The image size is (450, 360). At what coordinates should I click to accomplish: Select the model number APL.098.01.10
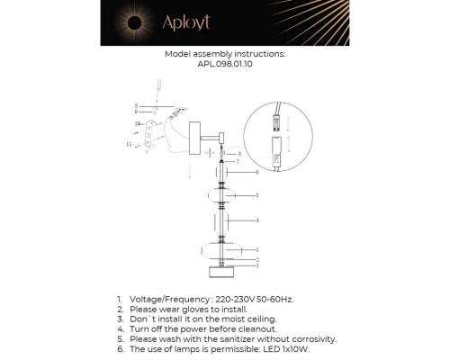[225, 64]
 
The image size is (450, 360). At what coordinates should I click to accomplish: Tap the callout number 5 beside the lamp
[258, 194]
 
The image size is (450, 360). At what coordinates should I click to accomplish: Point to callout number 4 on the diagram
[258, 220]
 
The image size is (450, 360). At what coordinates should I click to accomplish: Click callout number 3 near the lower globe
[258, 249]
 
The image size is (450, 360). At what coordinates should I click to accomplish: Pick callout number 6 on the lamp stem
[258, 171]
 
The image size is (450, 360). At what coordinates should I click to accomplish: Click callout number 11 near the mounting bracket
[130, 143]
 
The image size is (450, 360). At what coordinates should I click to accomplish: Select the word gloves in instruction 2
[187, 308]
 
